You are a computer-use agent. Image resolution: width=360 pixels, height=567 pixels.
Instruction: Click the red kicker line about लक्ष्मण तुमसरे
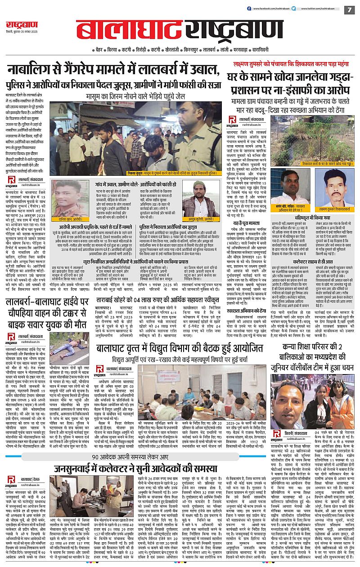(288, 64)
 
